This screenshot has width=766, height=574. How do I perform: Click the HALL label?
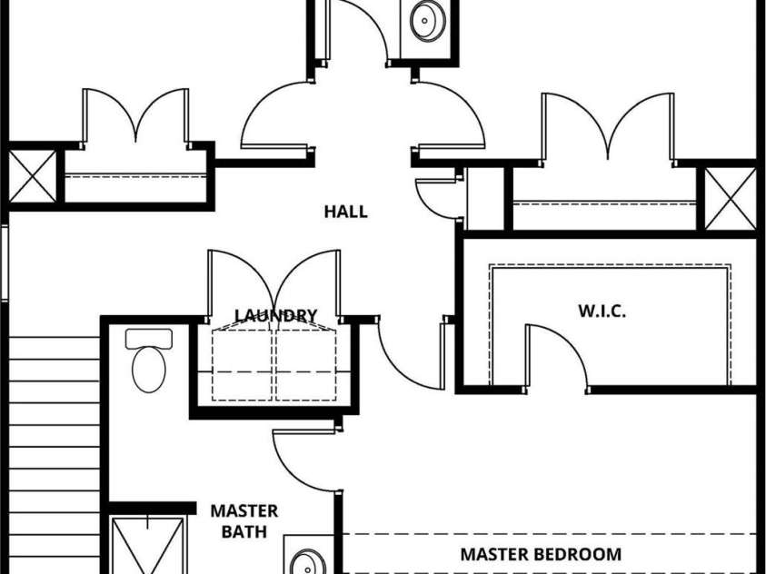point(346,212)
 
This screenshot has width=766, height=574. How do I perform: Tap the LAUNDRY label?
point(276,315)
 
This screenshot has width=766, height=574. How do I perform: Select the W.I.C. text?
point(602,311)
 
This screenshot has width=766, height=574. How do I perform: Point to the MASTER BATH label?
point(244,520)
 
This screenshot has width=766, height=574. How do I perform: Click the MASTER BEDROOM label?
point(541,554)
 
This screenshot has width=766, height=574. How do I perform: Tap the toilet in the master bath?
point(149,361)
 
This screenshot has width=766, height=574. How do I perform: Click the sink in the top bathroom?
point(428,20)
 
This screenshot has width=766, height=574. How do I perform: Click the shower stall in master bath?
point(148,545)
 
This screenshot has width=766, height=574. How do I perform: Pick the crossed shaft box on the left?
point(33,175)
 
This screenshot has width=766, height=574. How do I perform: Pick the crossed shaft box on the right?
point(731,199)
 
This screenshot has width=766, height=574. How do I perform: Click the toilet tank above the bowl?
point(149,338)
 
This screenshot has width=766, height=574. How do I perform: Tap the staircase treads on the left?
point(55,455)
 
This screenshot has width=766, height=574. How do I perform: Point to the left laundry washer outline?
point(242,365)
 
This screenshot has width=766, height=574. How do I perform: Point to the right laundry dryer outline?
point(306,365)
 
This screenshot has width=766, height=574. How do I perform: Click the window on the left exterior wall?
point(5,263)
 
